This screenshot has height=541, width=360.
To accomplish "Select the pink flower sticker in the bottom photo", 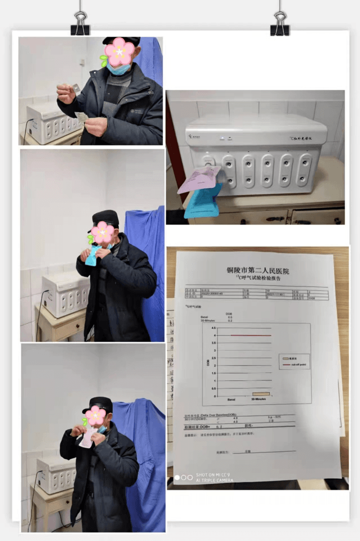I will click(x=96, y=415).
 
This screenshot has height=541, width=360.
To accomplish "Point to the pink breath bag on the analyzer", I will click(x=199, y=179).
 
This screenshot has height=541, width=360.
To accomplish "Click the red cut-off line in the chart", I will click(x=250, y=335).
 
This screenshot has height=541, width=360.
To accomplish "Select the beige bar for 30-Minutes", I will click(x=261, y=394).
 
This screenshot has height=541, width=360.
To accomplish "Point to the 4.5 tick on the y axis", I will click(x=213, y=328).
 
